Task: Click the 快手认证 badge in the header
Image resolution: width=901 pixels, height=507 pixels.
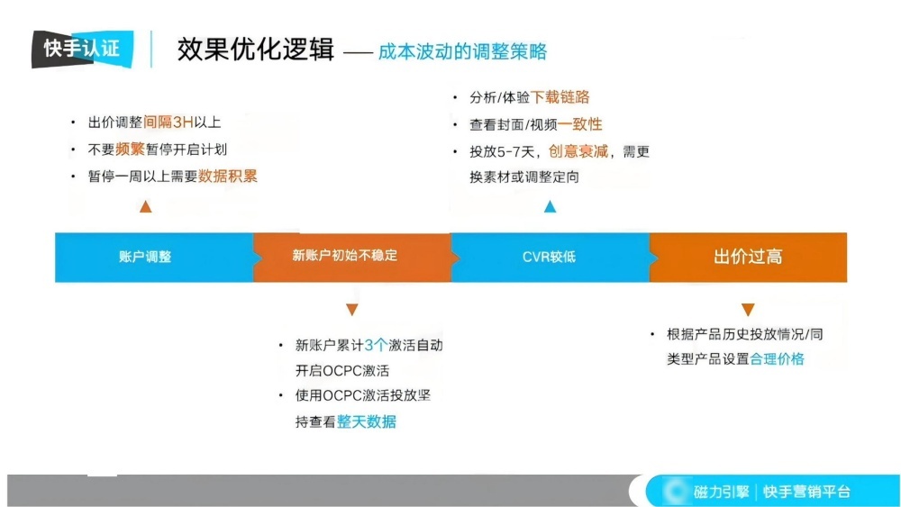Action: (82, 49)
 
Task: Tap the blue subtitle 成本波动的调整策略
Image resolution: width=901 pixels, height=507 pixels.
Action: (462, 50)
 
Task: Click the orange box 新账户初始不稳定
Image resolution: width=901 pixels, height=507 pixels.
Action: (351, 257)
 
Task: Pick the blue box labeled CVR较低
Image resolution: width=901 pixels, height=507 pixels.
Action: (550, 257)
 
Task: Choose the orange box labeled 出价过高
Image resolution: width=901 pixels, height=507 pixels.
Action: (748, 257)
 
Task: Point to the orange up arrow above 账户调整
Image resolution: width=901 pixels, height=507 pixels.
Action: (146, 207)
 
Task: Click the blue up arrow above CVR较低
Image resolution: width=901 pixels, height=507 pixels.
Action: (550, 207)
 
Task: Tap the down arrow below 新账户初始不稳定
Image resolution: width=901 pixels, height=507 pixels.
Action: (352, 310)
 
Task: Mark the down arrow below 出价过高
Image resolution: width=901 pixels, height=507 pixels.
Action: (748, 310)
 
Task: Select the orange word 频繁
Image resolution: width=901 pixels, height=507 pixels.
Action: (131, 149)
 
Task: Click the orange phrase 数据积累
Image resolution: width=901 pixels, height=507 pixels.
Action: (228, 177)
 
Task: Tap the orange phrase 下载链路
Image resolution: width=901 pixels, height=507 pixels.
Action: (560, 97)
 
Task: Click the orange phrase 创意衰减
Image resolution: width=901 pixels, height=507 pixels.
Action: (578, 151)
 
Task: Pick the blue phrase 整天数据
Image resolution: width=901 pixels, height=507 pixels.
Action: (366, 421)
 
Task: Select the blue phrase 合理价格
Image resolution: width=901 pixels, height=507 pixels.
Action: (777, 358)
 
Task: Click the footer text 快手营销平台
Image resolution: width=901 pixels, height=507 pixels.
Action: (806, 492)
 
